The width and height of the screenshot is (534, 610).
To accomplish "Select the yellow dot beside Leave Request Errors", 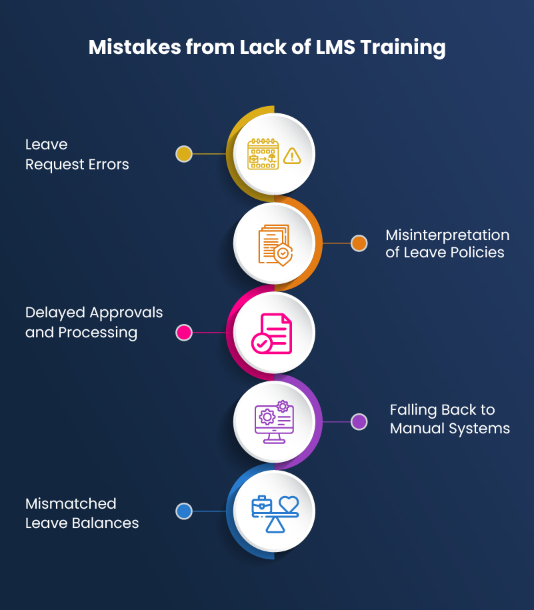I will [184, 154].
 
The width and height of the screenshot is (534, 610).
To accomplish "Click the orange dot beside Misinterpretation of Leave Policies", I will [359, 243].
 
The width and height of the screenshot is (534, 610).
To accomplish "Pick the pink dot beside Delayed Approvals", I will [184, 332].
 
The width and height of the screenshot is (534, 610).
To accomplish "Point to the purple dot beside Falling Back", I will [359, 421].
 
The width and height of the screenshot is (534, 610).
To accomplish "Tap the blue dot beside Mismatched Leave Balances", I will [184, 511].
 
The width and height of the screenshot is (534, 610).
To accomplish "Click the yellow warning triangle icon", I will [292, 156].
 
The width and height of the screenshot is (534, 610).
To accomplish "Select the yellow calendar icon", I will [262, 154].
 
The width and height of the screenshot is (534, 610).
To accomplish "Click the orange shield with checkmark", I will [283, 254].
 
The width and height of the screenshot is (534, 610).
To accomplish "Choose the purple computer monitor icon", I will [273, 422].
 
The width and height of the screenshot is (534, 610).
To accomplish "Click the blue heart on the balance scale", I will [289, 504].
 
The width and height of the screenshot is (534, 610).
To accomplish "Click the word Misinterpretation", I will [447, 235].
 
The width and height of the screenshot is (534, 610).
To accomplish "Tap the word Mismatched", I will [71, 503].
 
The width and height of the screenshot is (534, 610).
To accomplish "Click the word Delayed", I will [55, 312].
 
